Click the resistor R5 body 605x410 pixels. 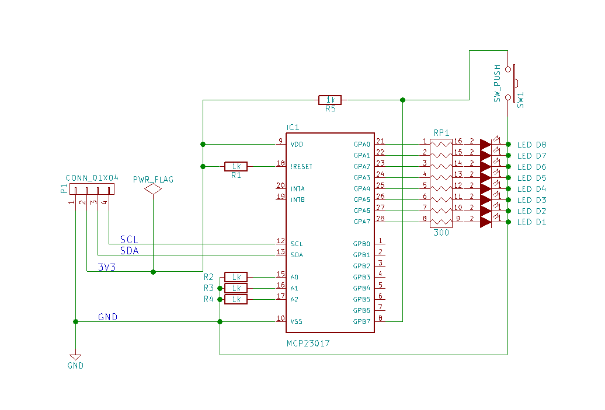pyautogui.click(x=330, y=100)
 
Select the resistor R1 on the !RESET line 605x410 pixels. pyautogui.click(x=235, y=166)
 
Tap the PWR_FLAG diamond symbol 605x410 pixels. pyautogui.click(x=153, y=190)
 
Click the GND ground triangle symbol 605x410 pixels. pyautogui.click(x=75, y=357)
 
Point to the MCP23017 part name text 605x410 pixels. pyautogui.click(x=308, y=344)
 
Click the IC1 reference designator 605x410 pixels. pyautogui.click(x=293, y=127)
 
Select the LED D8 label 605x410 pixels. pyautogui.click(x=531, y=145)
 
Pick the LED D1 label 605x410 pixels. pyautogui.click(x=531, y=222)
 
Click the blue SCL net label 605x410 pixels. pyautogui.click(x=129, y=240)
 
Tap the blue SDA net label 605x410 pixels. pyautogui.click(x=129, y=251)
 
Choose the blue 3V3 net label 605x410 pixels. pyautogui.click(x=107, y=268)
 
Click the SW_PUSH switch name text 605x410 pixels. pyautogui.click(x=497, y=84)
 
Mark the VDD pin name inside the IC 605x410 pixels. pyautogui.click(x=297, y=144)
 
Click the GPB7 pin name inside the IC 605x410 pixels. pyautogui.click(x=361, y=321)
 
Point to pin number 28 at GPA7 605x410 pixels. pyautogui.click(x=380, y=218)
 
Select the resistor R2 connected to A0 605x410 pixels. pyautogui.click(x=235, y=277)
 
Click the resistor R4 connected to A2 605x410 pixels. pyautogui.click(x=235, y=299)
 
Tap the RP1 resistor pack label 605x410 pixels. pyautogui.click(x=441, y=132)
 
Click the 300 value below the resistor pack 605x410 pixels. pyautogui.click(x=441, y=233)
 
